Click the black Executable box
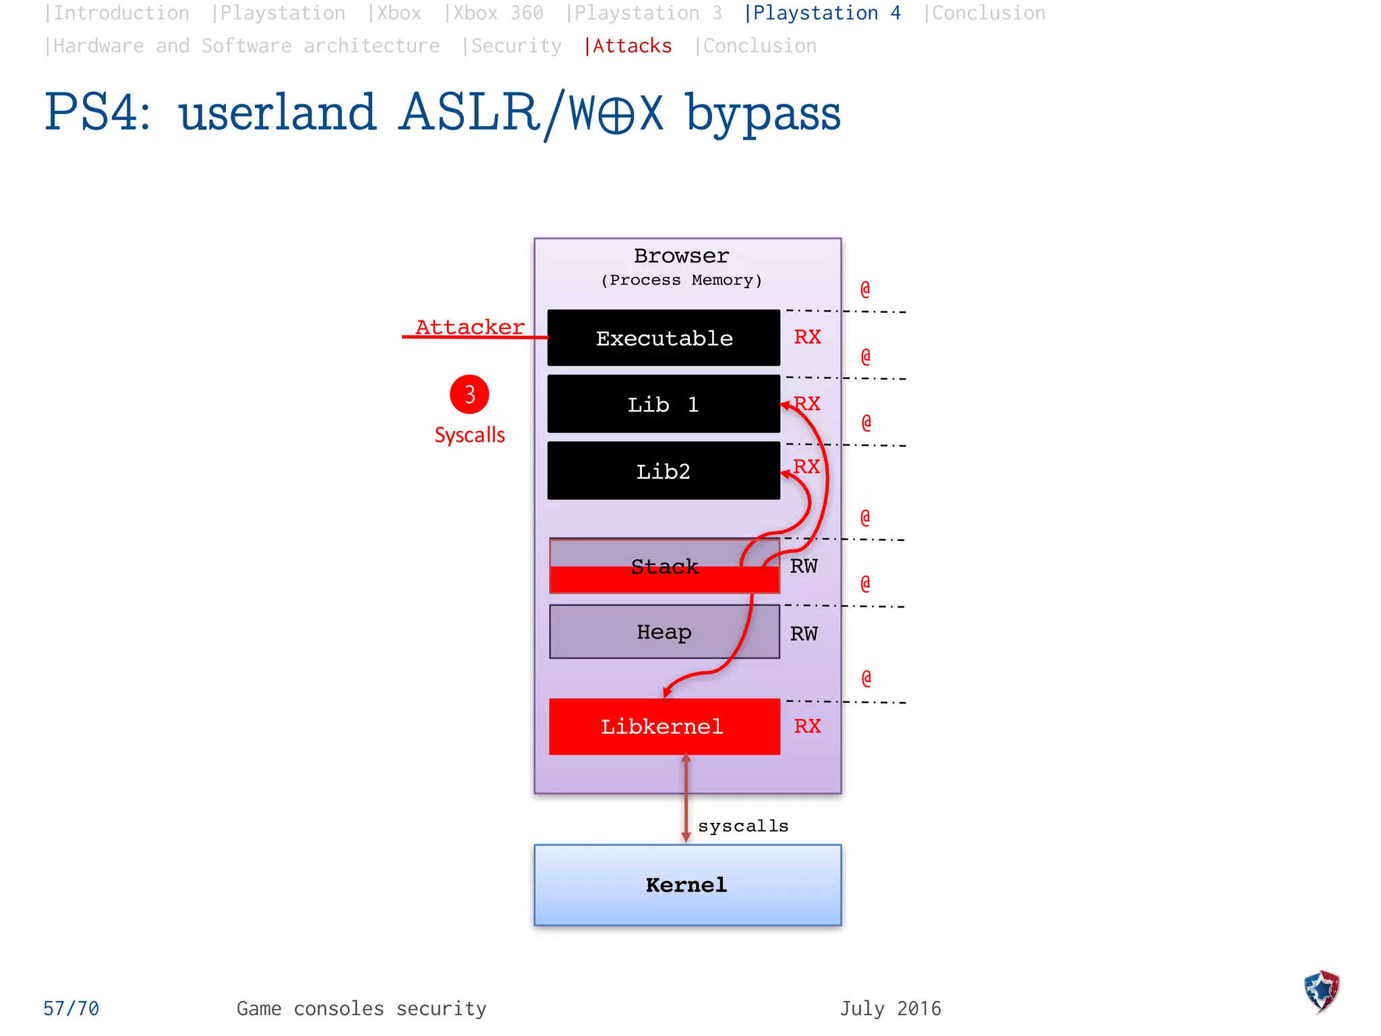coord(664,338)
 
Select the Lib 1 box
coord(664,404)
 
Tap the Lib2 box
coord(664,471)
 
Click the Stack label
coord(664,566)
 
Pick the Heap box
coord(664,632)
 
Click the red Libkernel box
coord(664,726)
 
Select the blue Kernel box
coord(686,885)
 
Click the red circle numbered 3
coord(469,395)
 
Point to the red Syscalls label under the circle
coord(469,435)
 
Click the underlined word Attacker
coord(470,327)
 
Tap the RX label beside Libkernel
coord(807,726)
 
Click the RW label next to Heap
coord(804,633)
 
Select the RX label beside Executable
coord(807,337)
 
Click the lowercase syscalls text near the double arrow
coord(743,826)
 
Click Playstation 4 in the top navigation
coord(823,13)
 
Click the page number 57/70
coord(71,1008)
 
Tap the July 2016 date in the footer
coord(890,1008)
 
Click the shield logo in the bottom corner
coord(1321,991)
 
